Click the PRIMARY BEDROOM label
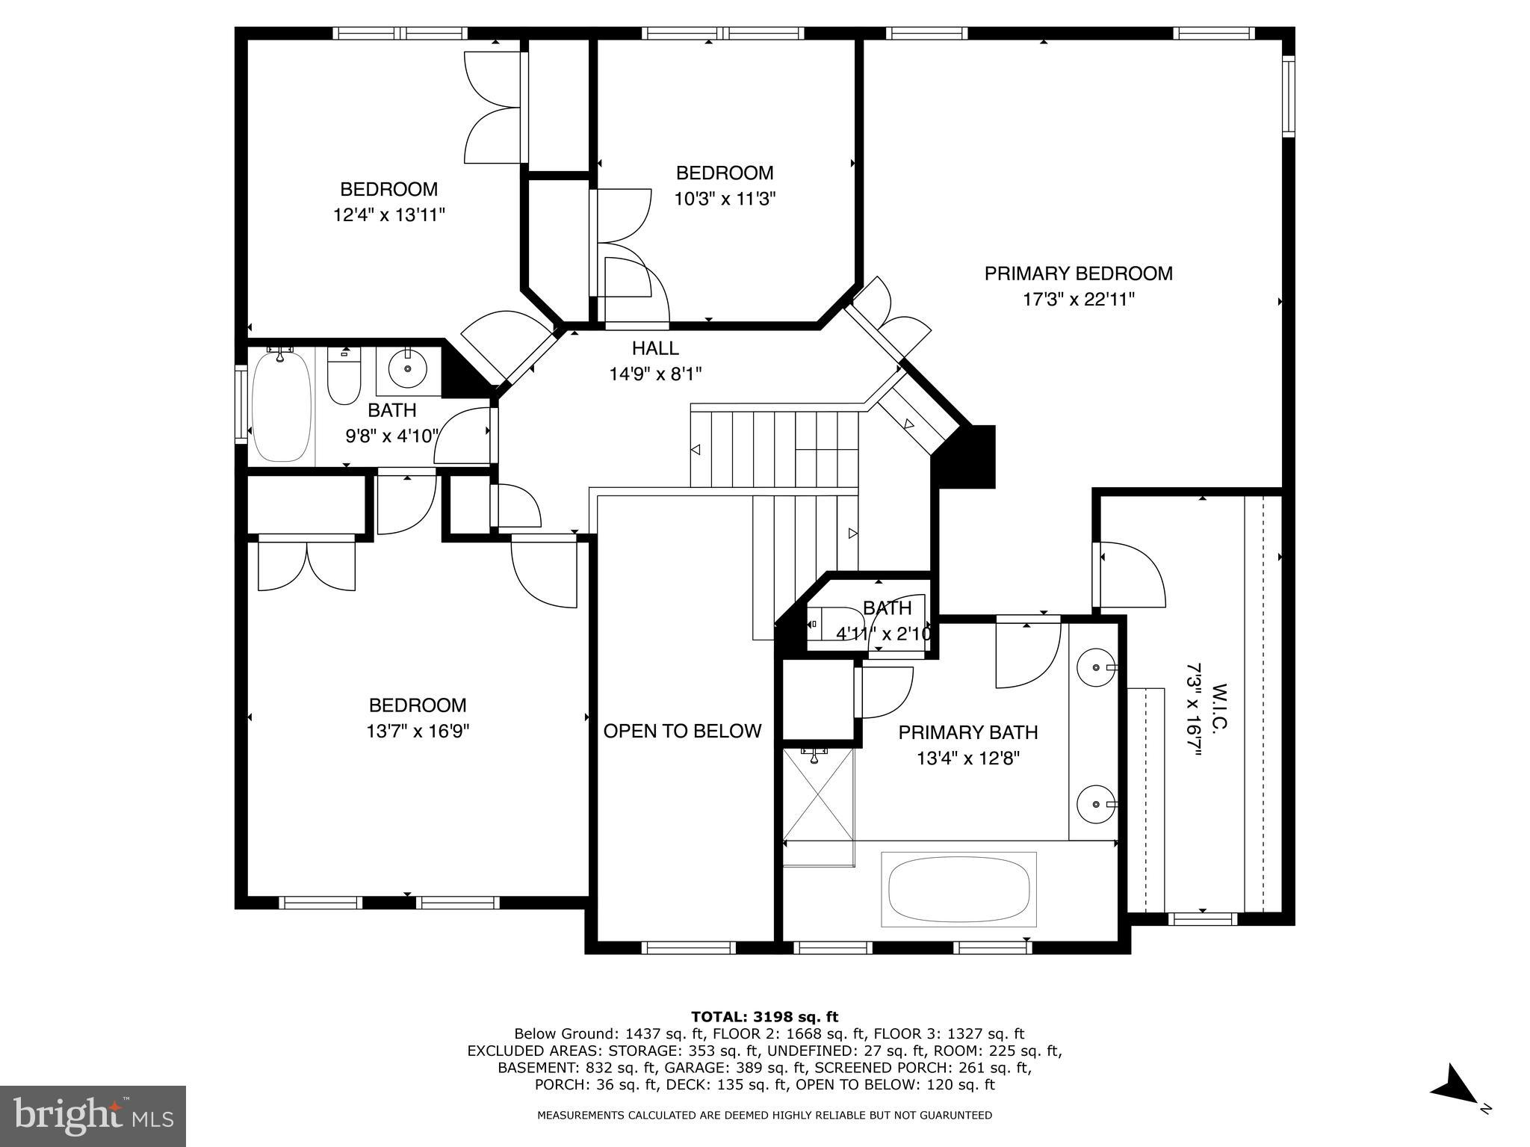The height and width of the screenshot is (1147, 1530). pyautogui.click(x=1078, y=273)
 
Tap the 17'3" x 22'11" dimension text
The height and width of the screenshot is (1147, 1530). pyautogui.click(x=1078, y=300)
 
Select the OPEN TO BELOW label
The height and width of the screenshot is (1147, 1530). pyautogui.click(x=682, y=731)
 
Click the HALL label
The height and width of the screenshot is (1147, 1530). pyautogui.click(x=655, y=348)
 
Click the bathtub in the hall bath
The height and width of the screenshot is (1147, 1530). pyautogui.click(x=281, y=406)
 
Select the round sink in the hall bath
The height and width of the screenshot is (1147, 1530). pyautogui.click(x=408, y=368)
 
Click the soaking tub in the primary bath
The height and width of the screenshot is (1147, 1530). pyautogui.click(x=958, y=888)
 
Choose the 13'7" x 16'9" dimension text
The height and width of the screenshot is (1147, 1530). pyautogui.click(x=418, y=731)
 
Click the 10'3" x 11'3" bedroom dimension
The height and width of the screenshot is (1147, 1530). pyautogui.click(x=725, y=199)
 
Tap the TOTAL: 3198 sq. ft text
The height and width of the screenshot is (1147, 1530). pyautogui.click(x=764, y=1016)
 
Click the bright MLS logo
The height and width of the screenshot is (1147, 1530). pyautogui.click(x=93, y=1116)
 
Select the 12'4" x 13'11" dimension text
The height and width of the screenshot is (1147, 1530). pyautogui.click(x=389, y=215)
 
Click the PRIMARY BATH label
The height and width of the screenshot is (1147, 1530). pyautogui.click(x=967, y=732)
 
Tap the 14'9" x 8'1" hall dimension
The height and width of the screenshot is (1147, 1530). pyautogui.click(x=655, y=374)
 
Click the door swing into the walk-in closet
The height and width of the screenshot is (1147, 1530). pyautogui.click(x=1130, y=577)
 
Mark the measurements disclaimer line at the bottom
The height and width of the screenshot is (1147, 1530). pyautogui.click(x=764, y=1115)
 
